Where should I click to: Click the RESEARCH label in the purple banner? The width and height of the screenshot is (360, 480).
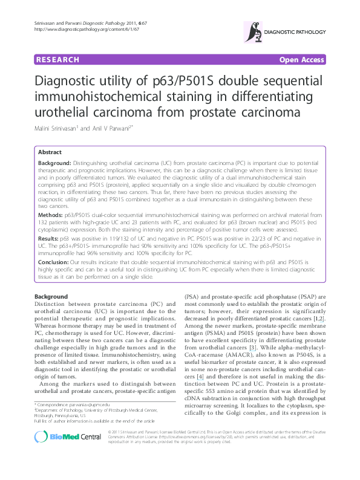pyautogui.click(x=57, y=60)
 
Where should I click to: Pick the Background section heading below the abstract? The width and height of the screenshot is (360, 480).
pyautogui.click(x=51, y=297)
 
